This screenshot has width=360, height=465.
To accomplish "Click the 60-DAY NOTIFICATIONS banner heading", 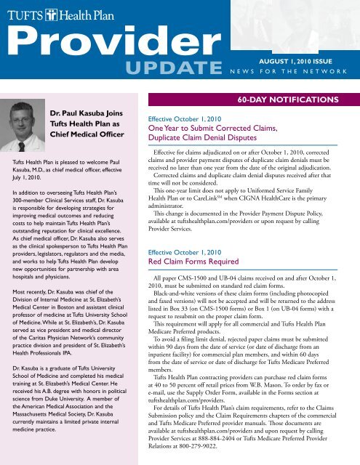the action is coord(297,97).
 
